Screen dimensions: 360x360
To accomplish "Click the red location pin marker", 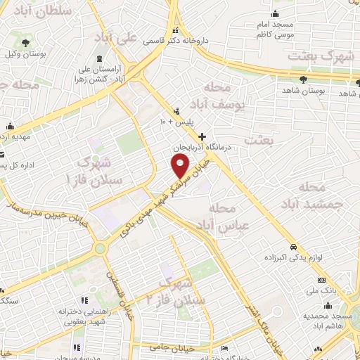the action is tap(181, 165).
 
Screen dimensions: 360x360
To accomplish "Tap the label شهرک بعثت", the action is tap(319, 56).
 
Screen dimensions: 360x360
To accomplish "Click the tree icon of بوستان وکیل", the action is tap(25, 43).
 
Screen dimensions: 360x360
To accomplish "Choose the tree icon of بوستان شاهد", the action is tap(303, 79).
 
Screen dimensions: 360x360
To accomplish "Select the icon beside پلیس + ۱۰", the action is tap(176, 110).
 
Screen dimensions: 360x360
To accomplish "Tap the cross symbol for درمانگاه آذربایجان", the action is tap(202, 136).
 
